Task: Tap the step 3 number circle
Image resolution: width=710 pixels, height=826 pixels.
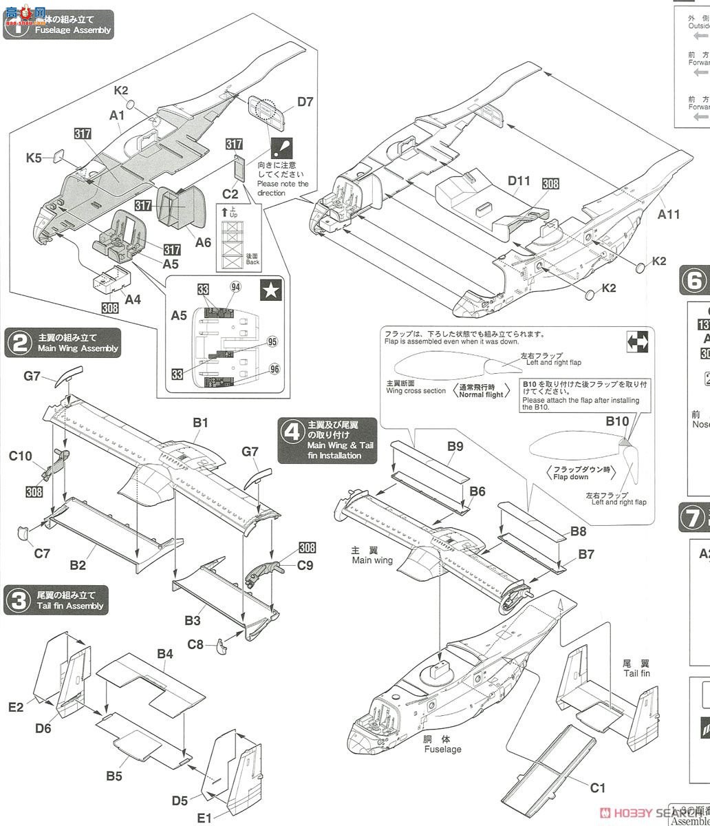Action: pyautogui.click(x=18, y=600)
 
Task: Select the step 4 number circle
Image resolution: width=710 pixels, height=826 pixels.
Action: pyautogui.click(x=292, y=432)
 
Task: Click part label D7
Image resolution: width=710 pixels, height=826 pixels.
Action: pyautogui.click(x=305, y=103)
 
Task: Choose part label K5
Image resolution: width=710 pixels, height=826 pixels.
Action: pyautogui.click(x=34, y=158)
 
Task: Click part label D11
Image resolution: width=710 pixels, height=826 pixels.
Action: pyautogui.click(x=520, y=180)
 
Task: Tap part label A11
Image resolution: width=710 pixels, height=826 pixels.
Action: pyautogui.click(x=668, y=214)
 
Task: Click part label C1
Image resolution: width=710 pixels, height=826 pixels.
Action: pyautogui.click(x=597, y=787)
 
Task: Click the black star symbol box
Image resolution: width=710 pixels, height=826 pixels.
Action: pyautogui.click(x=268, y=292)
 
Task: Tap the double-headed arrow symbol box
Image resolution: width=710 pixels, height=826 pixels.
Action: pyautogui.click(x=637, y=340)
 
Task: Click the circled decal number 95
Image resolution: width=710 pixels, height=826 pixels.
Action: pyautogui.click(x=273, y=341)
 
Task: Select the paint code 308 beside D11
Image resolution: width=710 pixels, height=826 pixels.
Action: pyautogui.click(x=550, y=184)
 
